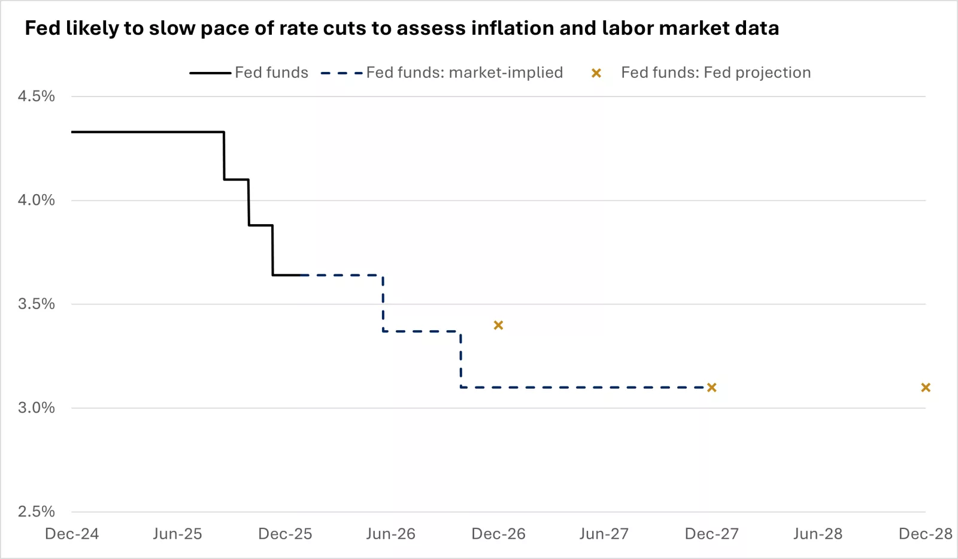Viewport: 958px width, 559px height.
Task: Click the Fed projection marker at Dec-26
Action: click(x=498, y=325)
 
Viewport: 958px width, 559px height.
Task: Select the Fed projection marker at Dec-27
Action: click(x=711, y=388)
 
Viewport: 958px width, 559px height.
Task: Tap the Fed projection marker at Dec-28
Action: click(x=925, y=388)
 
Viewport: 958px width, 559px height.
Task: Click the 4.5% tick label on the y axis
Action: click(x=36, y=96)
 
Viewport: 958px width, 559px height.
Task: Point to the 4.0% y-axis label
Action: click(x=36, y=200)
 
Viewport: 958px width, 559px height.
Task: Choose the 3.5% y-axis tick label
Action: click(x=36, y=304)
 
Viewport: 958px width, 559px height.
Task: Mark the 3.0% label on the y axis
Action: click(x=36, y=408)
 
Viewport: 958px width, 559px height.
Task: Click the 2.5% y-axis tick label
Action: click(x=36, y=512)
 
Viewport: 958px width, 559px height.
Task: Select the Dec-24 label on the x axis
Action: click(x=72, y=534)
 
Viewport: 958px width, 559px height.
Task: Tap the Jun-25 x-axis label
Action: click(x=177, y=534)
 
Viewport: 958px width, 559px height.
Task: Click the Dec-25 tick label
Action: click(x=285, y=534)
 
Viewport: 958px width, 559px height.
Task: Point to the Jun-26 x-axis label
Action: click(x=390, y=534)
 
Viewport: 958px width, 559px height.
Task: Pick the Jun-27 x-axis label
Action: click(x=604, y=534)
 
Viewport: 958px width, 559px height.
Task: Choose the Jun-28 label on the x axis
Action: click(x=817, y=534)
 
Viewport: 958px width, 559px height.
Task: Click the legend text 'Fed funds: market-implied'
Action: click(x=464, y=72)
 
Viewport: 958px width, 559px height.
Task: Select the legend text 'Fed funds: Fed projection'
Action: click(x=716, y=72)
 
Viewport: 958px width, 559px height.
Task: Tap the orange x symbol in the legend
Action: click(x=596, y=73)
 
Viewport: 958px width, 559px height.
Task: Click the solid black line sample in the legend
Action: click(x=210, y=73)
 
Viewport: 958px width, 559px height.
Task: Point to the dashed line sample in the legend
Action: click(x=342, y=73)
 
